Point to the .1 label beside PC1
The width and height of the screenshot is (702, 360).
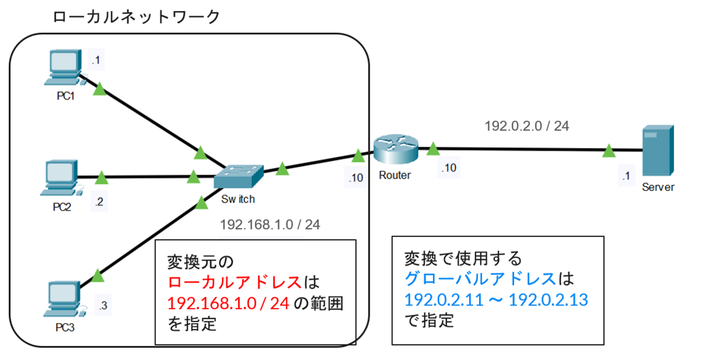pos(95,59)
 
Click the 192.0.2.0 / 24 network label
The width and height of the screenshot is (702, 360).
pos(527,126)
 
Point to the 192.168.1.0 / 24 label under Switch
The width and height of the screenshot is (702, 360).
pos(270,225)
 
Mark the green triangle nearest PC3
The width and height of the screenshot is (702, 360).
pos(98,275)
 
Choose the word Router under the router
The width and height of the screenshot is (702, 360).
pos(395,175)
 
